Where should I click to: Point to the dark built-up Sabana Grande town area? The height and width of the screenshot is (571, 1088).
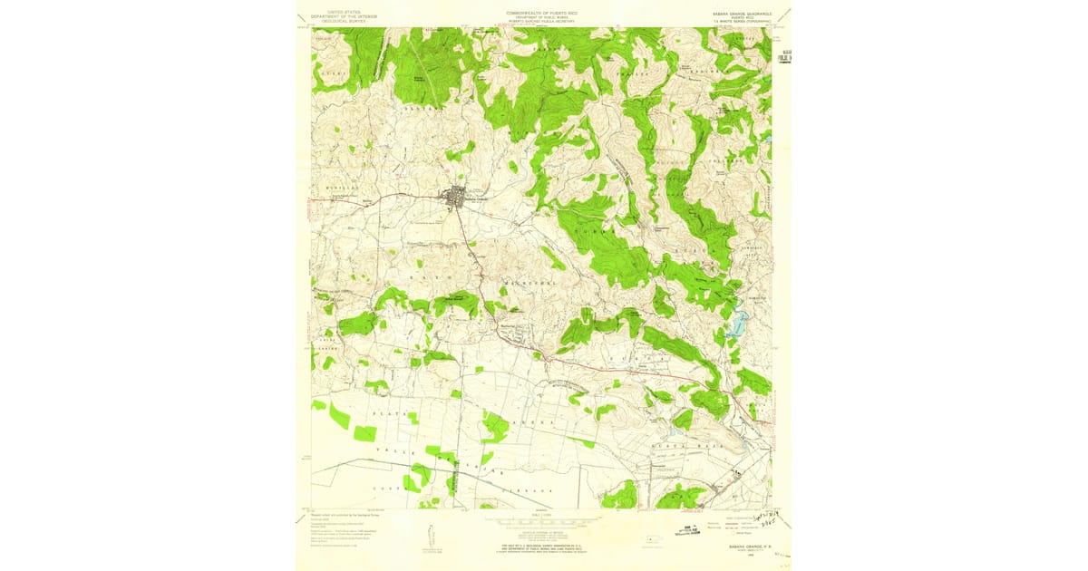[x=456, y=196]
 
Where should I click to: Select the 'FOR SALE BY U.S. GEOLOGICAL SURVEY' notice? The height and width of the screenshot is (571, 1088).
[x=543, y=547]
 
